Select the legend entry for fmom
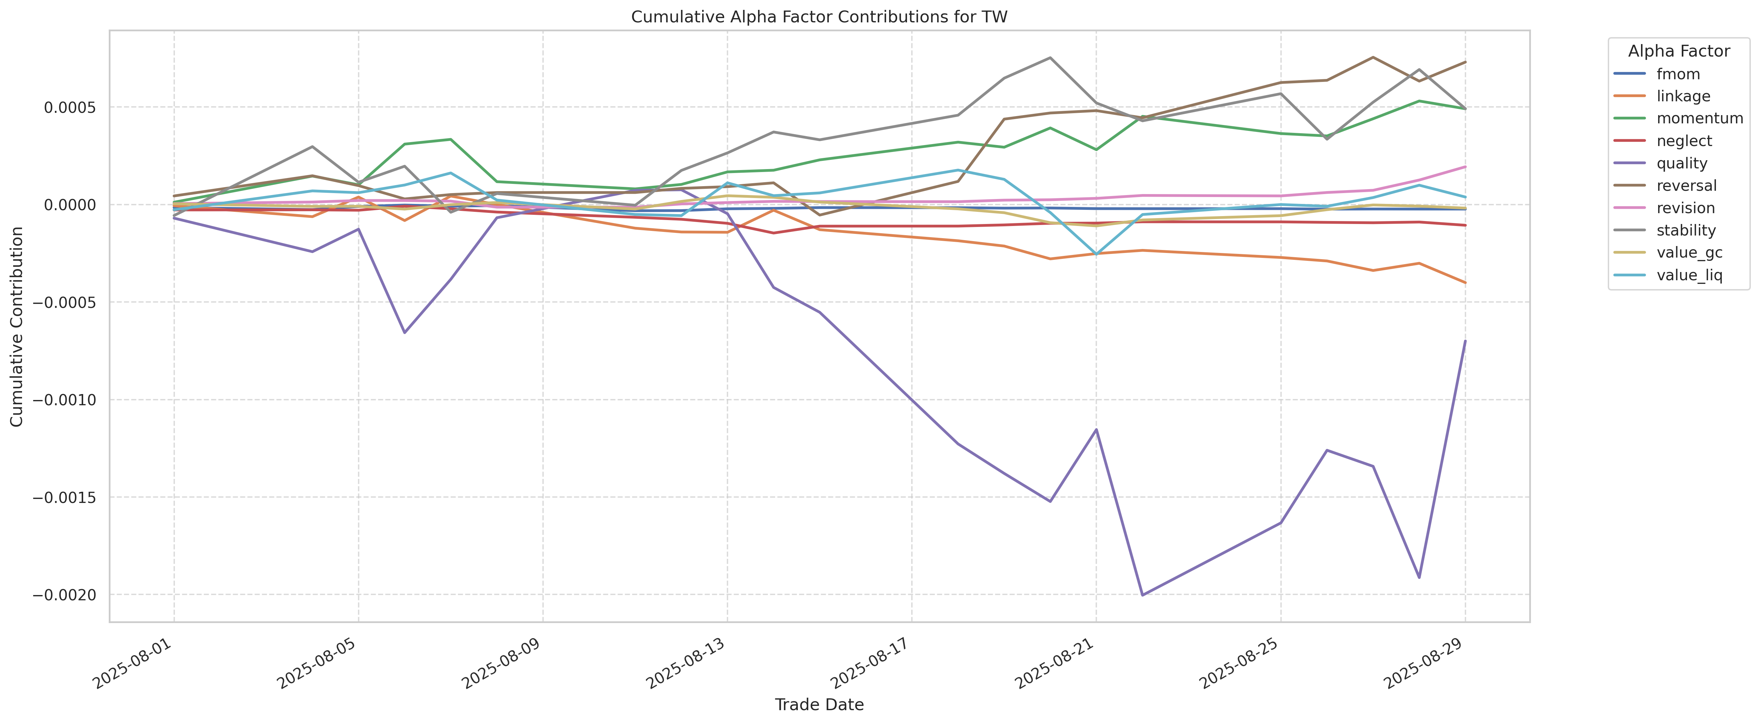[1678, 74]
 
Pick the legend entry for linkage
[1683, 96]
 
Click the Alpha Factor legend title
[1679, 51]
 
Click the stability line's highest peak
[1050, 58]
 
